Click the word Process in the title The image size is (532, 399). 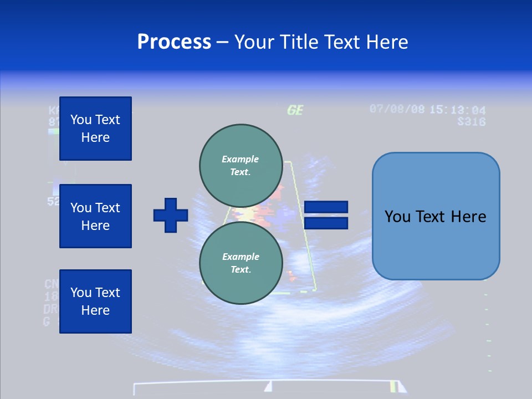click(174, 42)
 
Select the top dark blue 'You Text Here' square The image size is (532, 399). click(95, 129)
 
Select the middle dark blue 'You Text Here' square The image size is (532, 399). click(95, 216)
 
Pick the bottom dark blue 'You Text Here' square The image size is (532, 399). click(95, 301)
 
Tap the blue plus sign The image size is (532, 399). click(171, 215)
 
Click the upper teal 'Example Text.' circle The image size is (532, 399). click(241, 165)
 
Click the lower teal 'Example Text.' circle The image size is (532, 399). click(241, 263)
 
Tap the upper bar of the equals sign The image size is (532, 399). click(326, 207)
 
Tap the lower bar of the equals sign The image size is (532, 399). click(326, 223)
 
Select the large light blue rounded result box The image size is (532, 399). click(436, 216)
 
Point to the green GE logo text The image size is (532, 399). click(295, 110)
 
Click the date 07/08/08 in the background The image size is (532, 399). click(397, 109)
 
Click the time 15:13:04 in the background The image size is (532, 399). click(457, 110)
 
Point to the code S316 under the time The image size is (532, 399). click(471, 121)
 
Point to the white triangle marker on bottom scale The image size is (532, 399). click(268, 386)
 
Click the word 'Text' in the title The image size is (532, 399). click(341, 42)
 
